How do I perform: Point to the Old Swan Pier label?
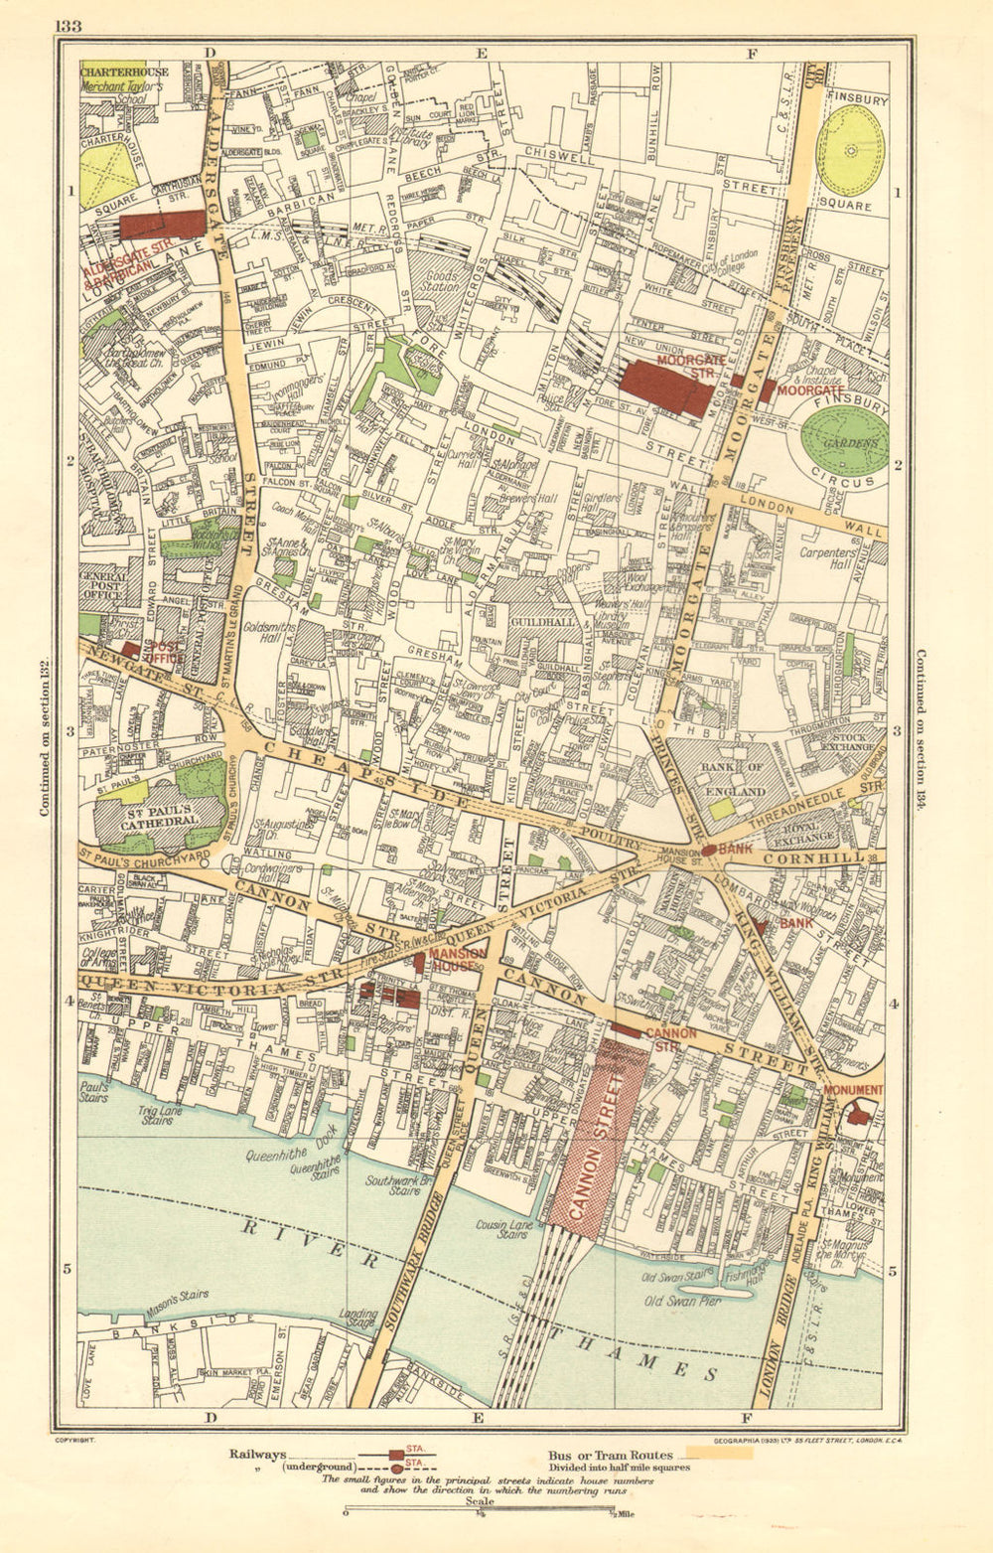coord(683,1301)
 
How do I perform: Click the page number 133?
coord(70,26)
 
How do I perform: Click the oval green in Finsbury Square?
coord(850,150)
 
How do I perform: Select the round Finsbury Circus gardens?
coord(845,441)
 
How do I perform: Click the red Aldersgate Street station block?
coord(162,226)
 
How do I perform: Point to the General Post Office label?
coord(103,585)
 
